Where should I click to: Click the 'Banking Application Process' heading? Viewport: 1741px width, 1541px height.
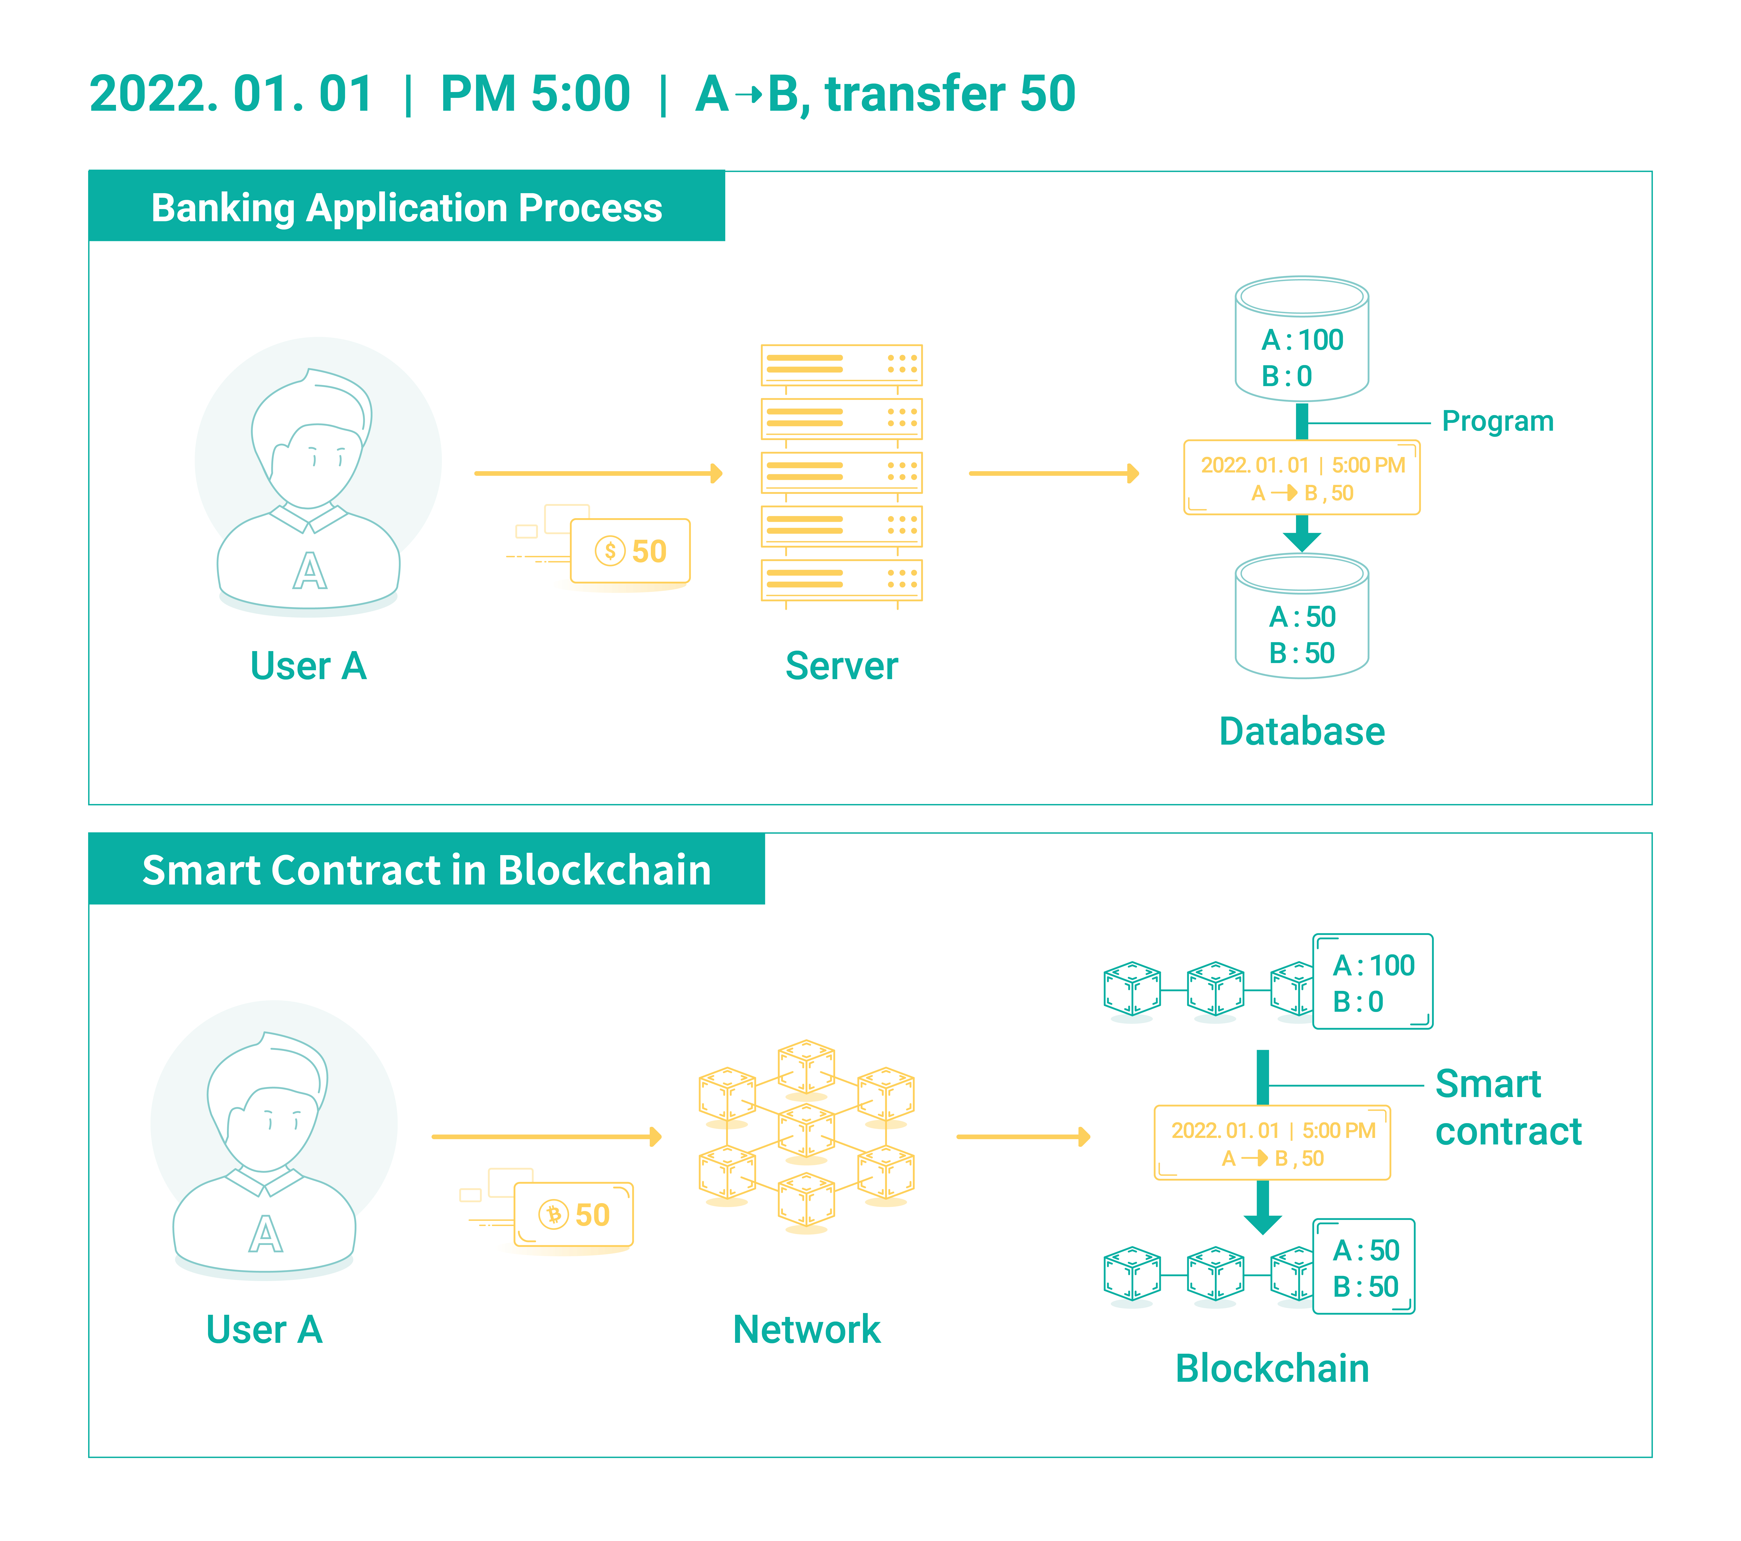[406, 208]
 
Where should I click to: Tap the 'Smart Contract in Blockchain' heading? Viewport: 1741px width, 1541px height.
[427, 870]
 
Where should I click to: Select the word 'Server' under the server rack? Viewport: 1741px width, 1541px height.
[841, 666]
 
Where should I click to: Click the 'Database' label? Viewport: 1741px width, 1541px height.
[1301, 731]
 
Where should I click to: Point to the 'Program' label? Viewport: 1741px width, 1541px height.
[1497, 421]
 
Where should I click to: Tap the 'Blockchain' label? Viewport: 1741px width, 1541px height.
[1272, 1369]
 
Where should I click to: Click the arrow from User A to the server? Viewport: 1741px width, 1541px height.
[598, 473]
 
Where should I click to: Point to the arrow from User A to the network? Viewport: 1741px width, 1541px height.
[547, 1137]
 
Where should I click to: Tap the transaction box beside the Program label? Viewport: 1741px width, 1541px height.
[1301, 478]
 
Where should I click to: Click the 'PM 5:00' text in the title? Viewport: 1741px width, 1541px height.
[535, 94]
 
